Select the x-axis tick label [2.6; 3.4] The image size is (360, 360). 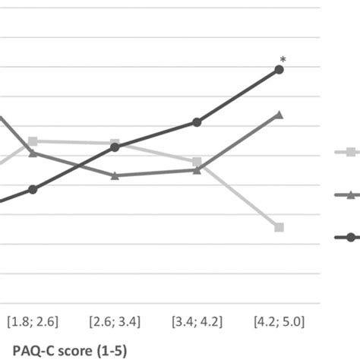[x=115, y=317]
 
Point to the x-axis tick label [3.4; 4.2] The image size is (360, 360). [x=197, y=317]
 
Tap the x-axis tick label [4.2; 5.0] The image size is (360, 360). [x=279, y=317]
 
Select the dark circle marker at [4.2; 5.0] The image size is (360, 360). [x=279, y=69]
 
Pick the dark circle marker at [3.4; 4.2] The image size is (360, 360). [x=197, y=122]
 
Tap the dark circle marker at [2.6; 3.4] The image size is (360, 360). [x=115, y=147]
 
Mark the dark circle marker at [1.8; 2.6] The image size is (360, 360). [x=33, y=189]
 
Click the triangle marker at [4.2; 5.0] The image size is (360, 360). [x=279, y=115]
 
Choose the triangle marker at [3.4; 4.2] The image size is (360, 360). [x=197, y=170]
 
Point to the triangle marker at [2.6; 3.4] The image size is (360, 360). [x=115, y=175]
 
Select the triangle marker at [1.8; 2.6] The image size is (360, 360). [x=33, y=153]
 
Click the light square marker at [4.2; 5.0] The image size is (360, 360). [x=279, y=227]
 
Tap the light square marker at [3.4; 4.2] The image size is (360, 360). [x=197, y=162]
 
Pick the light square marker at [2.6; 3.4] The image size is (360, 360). [x=115, y=144]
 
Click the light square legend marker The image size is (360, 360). [x=352, y=153]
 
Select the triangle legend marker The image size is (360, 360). [x=352, y=195]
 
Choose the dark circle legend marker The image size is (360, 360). [x=352, y=238]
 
